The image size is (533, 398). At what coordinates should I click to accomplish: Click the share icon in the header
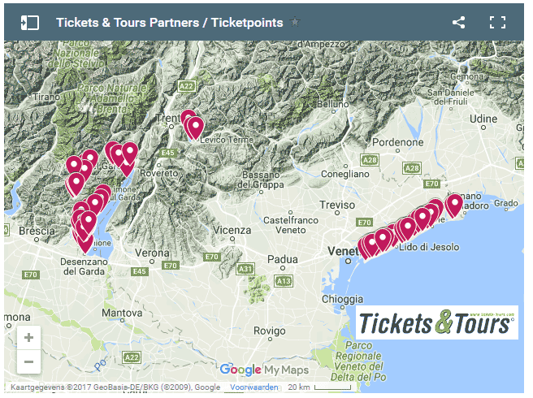click(459, 23)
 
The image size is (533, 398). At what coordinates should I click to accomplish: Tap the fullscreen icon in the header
click(497, 23)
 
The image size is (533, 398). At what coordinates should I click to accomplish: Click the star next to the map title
click(295, 23)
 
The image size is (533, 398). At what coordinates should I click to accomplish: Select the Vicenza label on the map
click(233, 231)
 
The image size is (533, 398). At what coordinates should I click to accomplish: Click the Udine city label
click(483, 119)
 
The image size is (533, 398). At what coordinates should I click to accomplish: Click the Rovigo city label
click(269, 331)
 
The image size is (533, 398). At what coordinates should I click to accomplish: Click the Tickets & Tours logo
click(437, 322)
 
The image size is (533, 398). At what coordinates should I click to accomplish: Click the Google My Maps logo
click(260, 370)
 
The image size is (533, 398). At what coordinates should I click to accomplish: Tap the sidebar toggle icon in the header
click(29, 23)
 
